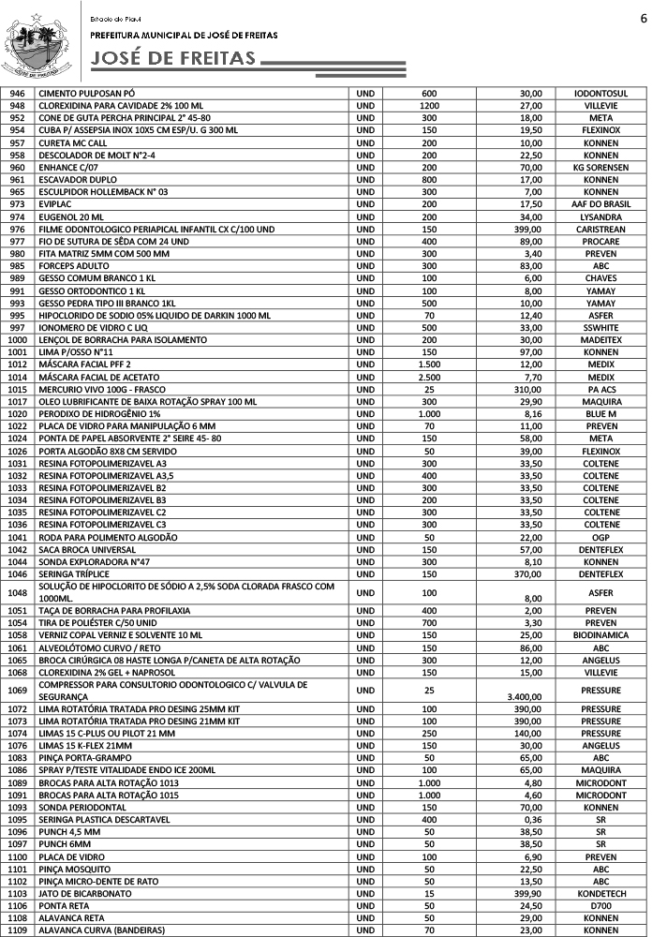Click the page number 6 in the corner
644,18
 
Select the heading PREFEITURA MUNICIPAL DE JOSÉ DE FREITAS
184,34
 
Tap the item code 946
17,94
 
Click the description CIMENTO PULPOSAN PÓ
87,94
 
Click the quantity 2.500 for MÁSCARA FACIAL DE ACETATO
429,376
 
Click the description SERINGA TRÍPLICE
74,573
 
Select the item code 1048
17,592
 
